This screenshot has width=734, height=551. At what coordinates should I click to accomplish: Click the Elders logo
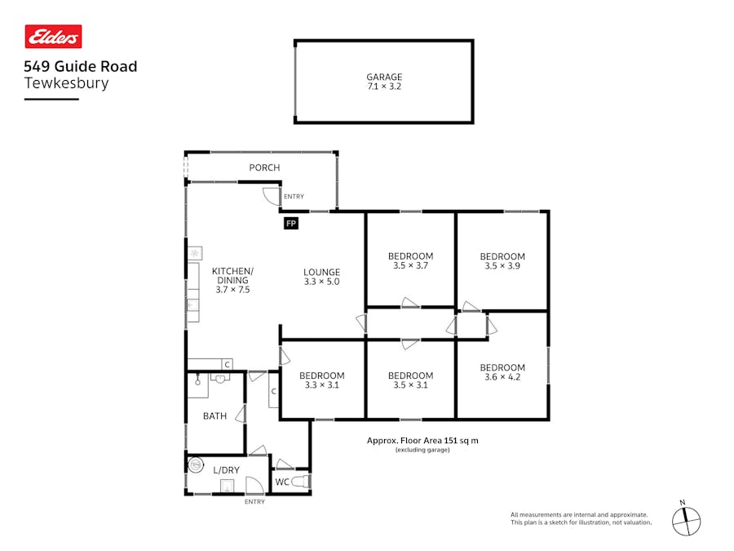pyautogui.click(x=54, y=37)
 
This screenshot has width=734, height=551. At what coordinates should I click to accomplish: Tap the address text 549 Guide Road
pyautogui.click(x=80, y=66)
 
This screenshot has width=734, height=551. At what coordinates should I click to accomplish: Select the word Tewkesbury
pyautogui.click(x=66, y=82)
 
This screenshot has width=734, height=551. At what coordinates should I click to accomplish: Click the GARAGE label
pyautogui.click(x=384, y=78)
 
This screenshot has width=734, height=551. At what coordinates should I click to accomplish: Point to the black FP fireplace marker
pyautogui.click(x=290, y=223)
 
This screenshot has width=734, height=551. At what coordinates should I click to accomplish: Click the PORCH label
pyautogui.click(x=264, y=168)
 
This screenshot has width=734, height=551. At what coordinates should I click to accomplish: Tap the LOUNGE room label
pyautogui.click(x=321, y=273)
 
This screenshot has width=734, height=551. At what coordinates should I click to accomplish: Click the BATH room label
pyautogui.click(x=214, y=416)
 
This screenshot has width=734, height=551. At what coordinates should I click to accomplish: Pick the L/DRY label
pyautogui.click(x=226, y=470)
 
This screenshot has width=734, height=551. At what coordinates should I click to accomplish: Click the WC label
pyautogui.click(x=282, y=482)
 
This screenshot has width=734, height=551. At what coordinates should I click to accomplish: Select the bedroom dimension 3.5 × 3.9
pyautogui.click(x=502, y=265)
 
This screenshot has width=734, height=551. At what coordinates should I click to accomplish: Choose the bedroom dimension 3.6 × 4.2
pyautogui.click(x=502, y=377)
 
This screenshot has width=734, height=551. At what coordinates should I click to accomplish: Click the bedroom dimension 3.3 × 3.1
pyautogui.click(x=321, y=385)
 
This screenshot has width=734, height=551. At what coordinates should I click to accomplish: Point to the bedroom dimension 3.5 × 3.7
pyautogui.click(x=410, y=265)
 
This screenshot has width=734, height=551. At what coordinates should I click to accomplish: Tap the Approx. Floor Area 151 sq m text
pyautogui.click(x=422, y=441)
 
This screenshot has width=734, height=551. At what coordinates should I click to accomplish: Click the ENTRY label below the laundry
pyautogui.click(x=254, y=501)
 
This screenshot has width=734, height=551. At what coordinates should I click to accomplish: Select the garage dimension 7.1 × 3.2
pyautogui.click(x=384, y=87)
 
